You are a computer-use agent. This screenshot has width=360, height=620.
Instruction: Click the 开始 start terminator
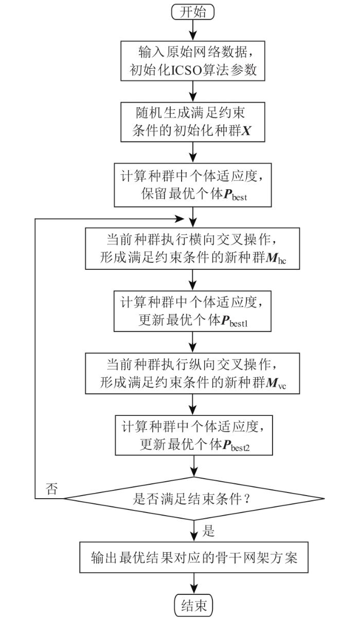(193, 12)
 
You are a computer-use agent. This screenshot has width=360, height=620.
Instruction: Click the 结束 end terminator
(194, 606)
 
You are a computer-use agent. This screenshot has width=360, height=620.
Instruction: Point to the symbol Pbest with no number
(235, 194)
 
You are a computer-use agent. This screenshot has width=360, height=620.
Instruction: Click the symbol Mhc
(276, 259)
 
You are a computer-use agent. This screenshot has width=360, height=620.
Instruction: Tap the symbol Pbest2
(236, 446)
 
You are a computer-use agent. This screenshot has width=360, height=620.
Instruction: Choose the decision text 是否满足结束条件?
(192, 499)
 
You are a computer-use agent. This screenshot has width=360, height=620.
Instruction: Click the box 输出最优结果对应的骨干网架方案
(194, 557)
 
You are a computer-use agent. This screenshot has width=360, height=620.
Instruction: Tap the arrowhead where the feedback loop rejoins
(180, 219)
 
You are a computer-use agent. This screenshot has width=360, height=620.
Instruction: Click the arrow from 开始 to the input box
(193, 30)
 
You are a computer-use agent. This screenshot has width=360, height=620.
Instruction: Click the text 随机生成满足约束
(190, 113)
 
